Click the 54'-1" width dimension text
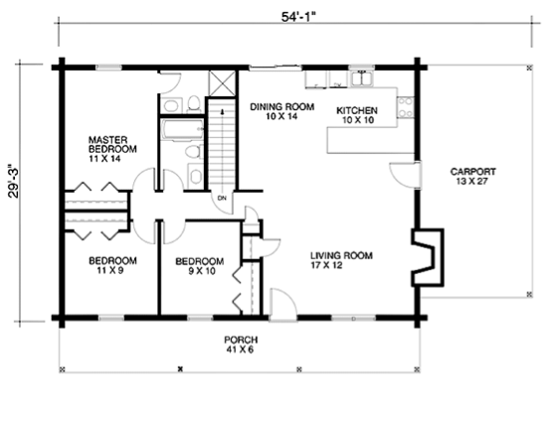298,17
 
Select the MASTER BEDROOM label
112,145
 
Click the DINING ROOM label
282,106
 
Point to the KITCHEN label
357,110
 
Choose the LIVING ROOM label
341,255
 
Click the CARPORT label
472,172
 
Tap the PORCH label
241,340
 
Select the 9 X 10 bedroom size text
201,271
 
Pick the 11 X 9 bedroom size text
110,271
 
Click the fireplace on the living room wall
428,257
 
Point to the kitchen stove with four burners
406,107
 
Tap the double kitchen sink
362,78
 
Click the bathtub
182,129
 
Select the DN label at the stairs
222,199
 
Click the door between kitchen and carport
405,175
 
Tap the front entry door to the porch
282,305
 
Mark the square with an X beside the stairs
222,83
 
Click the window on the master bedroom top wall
109,68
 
